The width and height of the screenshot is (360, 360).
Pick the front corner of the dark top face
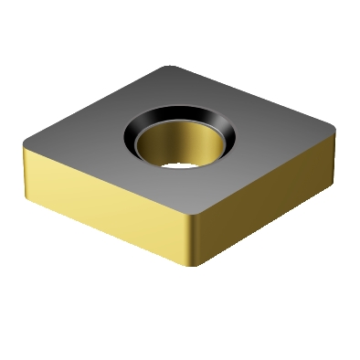tap(194, 218)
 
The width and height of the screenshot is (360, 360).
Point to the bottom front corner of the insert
tap(194, 266)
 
